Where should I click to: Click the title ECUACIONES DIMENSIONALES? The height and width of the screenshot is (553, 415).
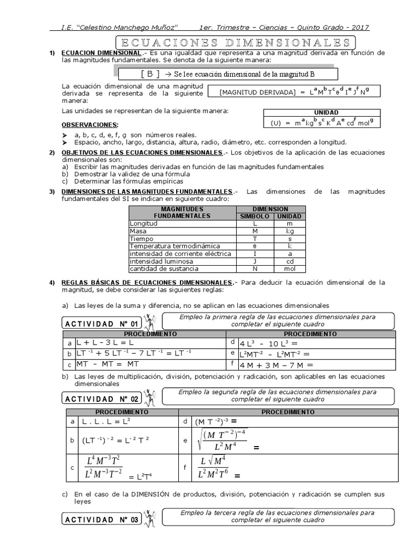[x=236, y=42]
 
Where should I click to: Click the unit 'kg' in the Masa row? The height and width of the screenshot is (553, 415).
[x=290, y=231]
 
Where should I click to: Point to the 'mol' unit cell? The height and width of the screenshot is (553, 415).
[x=290, y=268]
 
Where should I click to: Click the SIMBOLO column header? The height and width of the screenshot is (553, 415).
[x=254, y=216]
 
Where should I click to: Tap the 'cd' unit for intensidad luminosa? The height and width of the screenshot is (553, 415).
[x=290, y=261]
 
